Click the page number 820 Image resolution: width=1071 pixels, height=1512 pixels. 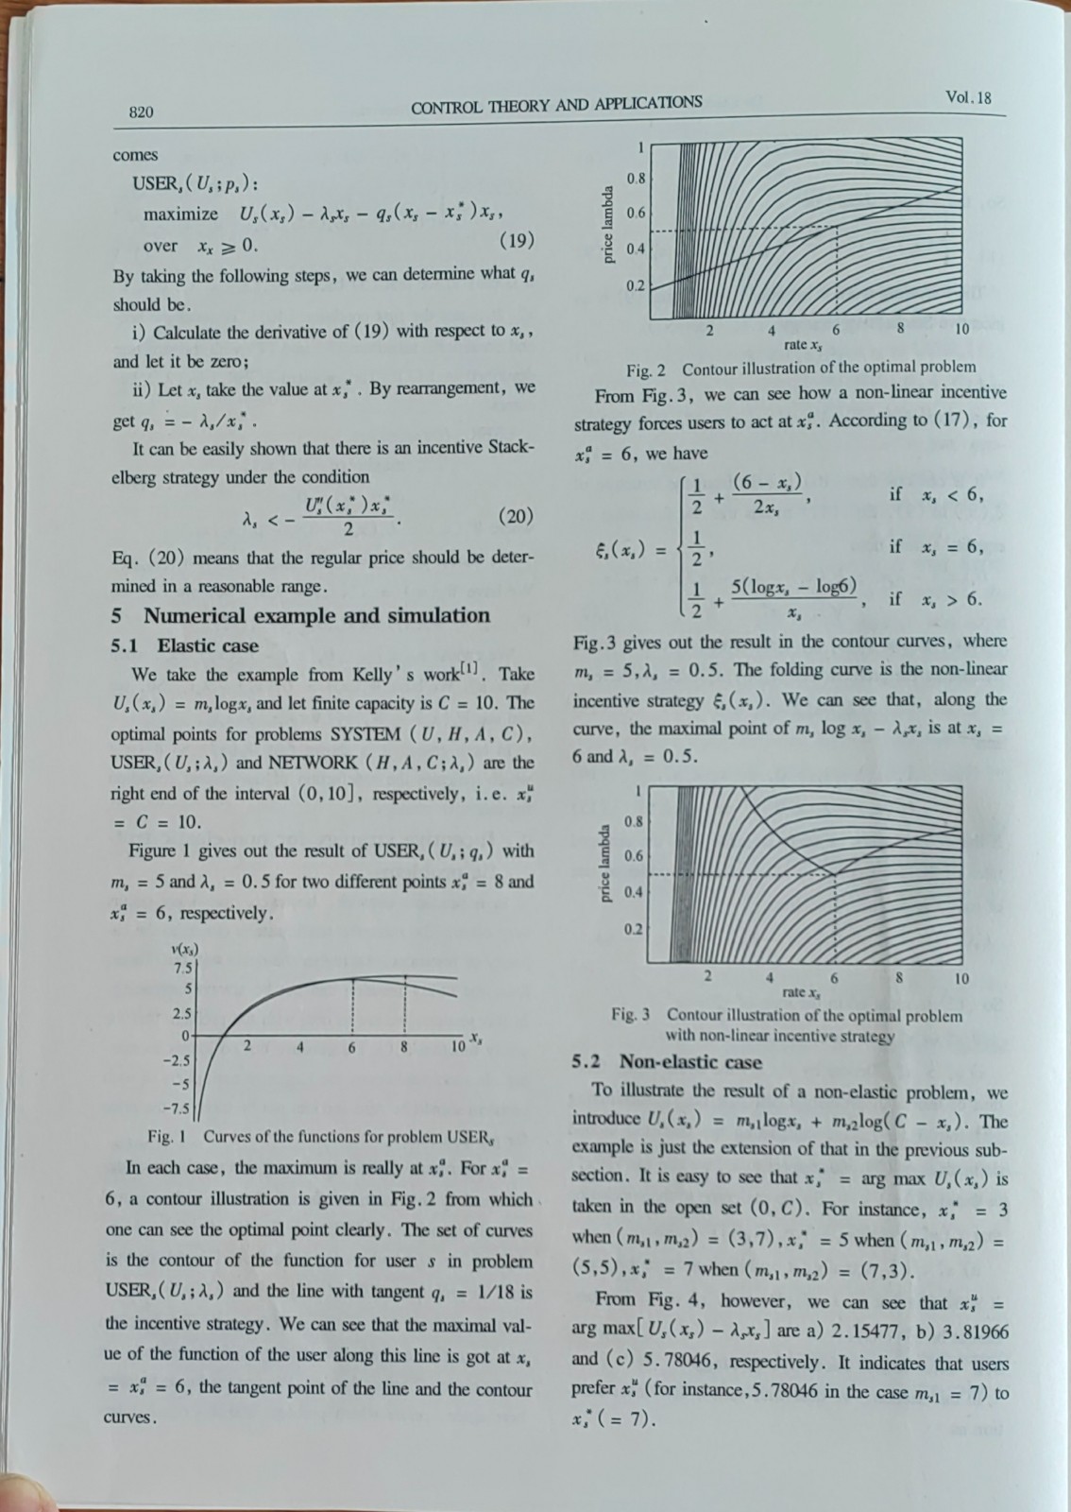141,112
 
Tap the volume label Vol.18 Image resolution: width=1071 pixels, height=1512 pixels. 968,98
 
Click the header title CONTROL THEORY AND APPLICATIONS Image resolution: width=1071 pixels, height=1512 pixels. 556,103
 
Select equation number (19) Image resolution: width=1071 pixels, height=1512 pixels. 516,240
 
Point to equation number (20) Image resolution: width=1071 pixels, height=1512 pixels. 515,516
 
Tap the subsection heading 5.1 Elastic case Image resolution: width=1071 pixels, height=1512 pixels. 184,646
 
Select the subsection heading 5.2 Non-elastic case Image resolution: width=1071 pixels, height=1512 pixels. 667,1062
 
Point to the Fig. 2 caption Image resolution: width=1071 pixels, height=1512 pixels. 801,368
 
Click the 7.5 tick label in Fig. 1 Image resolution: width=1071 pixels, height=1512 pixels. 181,968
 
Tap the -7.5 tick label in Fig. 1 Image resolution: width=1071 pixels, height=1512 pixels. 178,1108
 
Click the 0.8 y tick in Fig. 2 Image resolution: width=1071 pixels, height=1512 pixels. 637,178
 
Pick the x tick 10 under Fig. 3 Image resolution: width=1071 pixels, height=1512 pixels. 960,979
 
